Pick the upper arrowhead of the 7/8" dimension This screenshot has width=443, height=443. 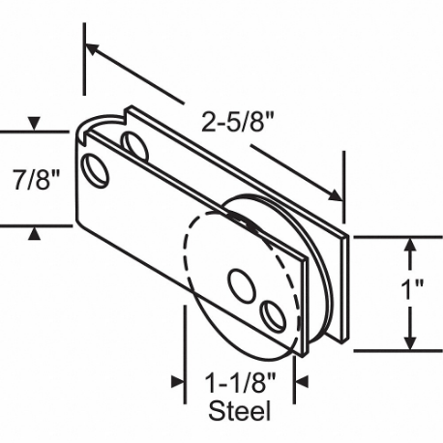35,124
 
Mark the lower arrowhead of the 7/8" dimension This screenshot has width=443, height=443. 35,232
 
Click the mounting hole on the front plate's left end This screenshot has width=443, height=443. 96,169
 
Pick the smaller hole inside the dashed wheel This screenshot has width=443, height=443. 274,313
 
